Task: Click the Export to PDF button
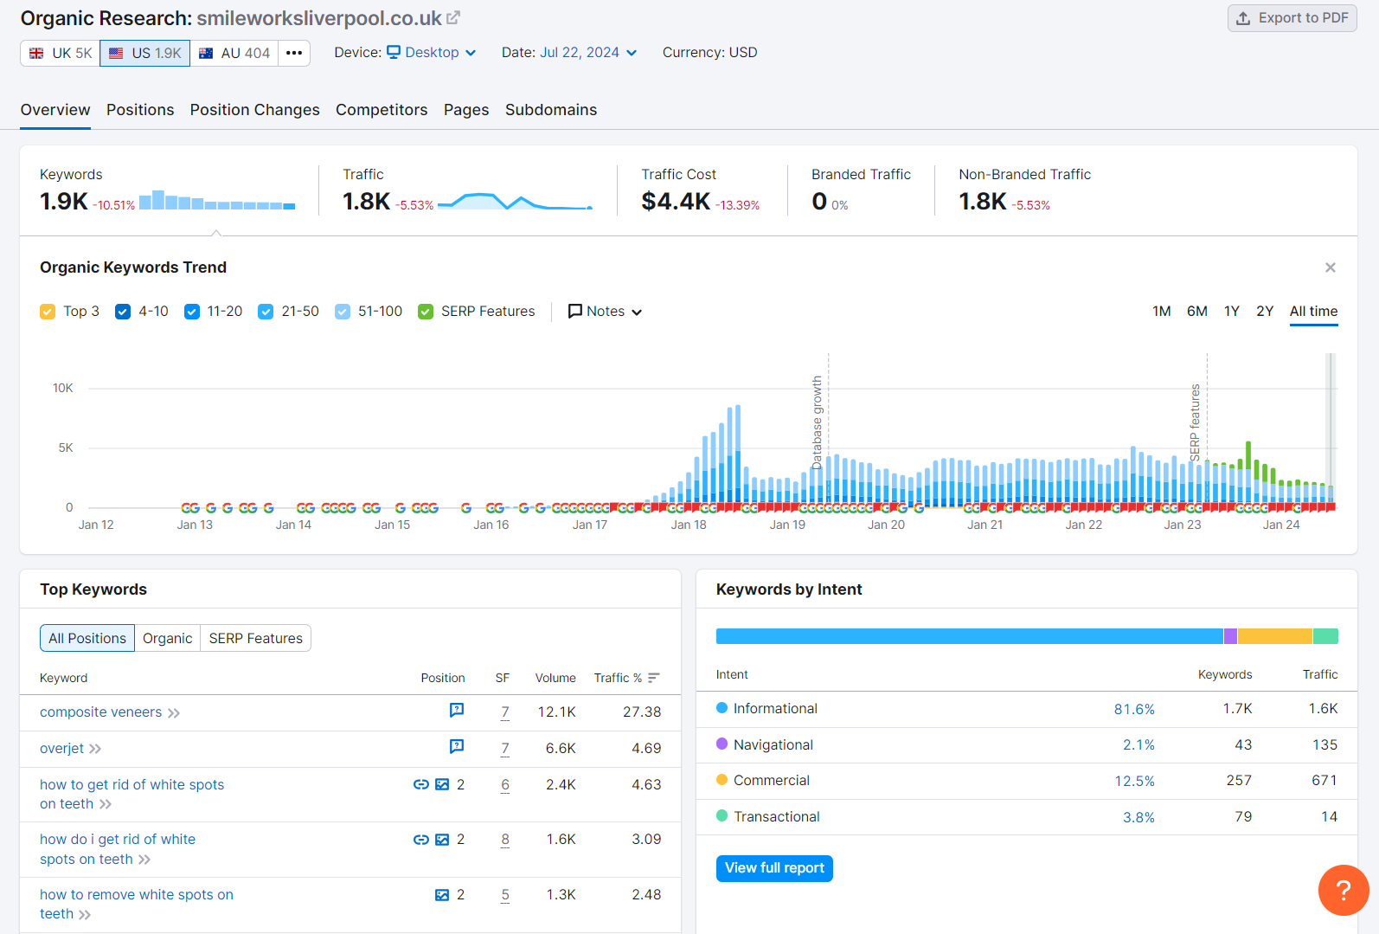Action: click(1292, 18)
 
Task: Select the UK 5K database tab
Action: click(61, 53)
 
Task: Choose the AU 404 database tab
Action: click(234, 53)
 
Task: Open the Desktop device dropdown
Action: click(431, 53)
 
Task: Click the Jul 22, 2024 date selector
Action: click(588, 53)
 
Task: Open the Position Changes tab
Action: click(254, 110)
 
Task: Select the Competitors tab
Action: click(382, 110)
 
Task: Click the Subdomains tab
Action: click(550, 110)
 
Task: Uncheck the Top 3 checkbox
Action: click(48, 312)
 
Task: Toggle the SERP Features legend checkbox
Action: click(426, 312)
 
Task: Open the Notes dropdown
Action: click(605, 312)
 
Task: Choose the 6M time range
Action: click(1196, 312)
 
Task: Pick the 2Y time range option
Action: click(1264, 312)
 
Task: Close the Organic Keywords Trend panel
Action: click(1330, 267)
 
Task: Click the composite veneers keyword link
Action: click(100, 712)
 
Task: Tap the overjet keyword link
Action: click(62, 749)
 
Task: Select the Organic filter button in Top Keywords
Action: click(167, 639)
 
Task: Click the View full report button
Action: click(774, 868)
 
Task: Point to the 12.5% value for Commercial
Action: click(1134, 781)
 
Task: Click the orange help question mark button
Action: click(1343, 890)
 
